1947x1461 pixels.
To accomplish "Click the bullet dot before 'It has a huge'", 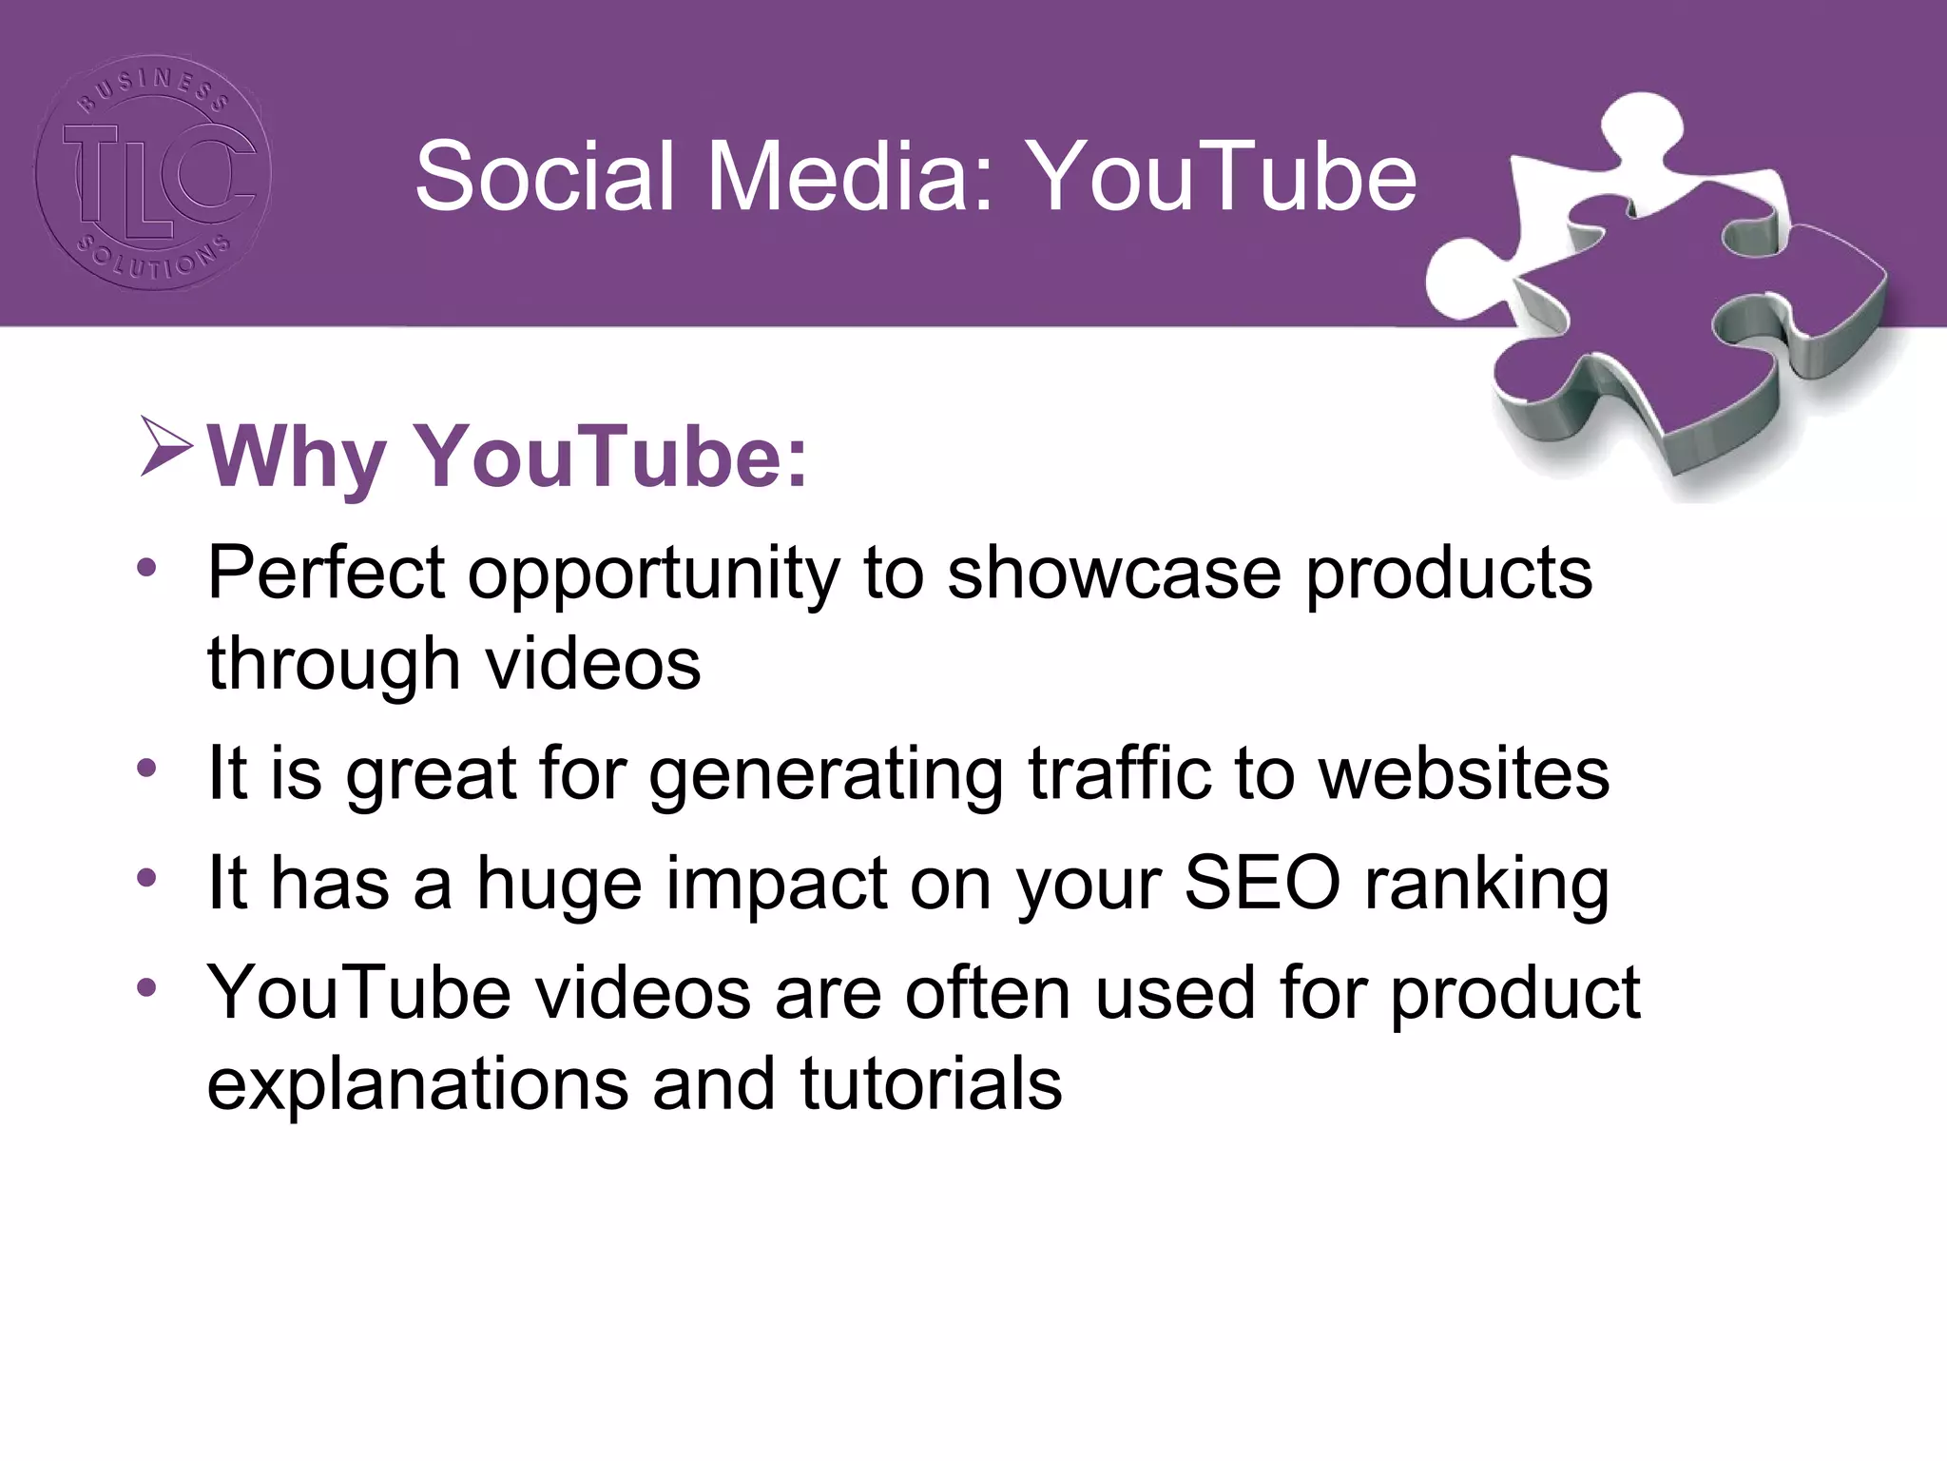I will coord(146,877).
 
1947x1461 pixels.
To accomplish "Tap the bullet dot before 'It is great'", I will coord(146,767).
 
